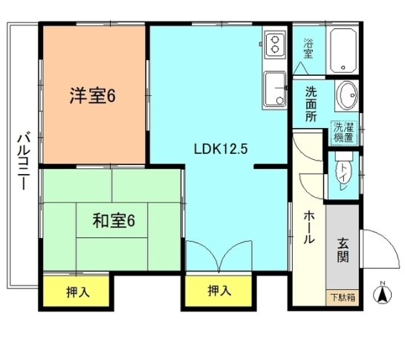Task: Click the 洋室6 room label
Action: pyautogui.click(x=93, y=96)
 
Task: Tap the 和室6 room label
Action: pyautogui.click(x=114, y=221)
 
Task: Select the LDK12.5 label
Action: pyautogui.click(x=221, y=149)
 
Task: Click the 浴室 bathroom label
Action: pyautogui.click(x=308, y=48)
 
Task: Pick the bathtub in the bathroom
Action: pyautogui.click(x=343, y=51)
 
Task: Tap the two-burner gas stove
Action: pyautogui.click(x=276, y=45)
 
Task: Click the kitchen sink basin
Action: pyautogui.click(x=276, y=89)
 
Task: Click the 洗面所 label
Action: pyautogui.click(x=311, y=104)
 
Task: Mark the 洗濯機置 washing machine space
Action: pyautogui.click(x=344, y=132)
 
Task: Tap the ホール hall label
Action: pyautogui.click(x=308, y=227)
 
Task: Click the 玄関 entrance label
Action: pyautogui.click(x=343, y=250)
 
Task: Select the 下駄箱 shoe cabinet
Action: pyautogui.click(x=343, y=298)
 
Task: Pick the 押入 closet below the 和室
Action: pyautogui.click(x=77, y=292)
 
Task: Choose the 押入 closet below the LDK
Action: pyautogui.click(x=218, y=291)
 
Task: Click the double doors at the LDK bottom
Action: pyautogui.click(x=219, y=256)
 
